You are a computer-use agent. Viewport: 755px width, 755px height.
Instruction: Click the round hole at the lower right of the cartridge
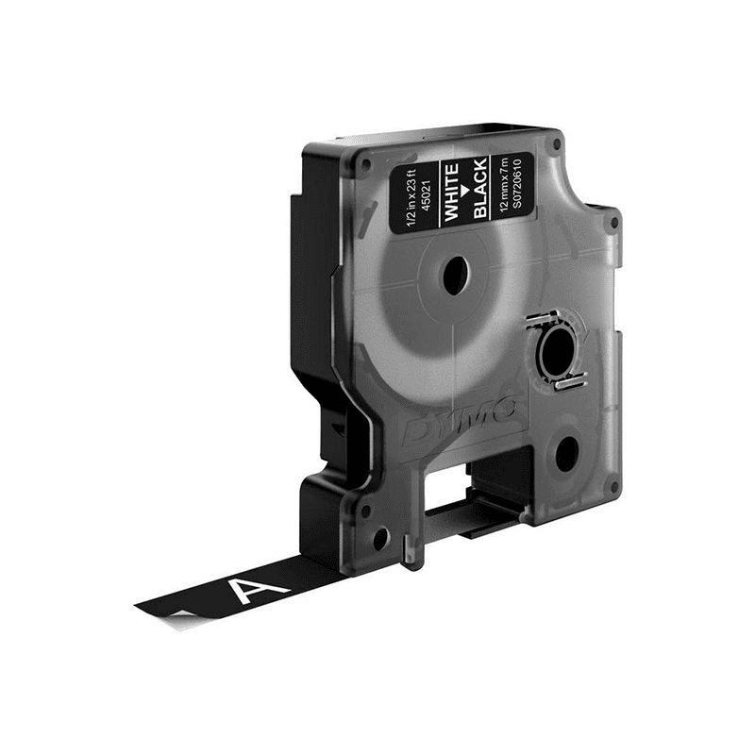(566, 455)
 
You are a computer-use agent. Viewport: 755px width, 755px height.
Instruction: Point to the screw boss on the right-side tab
(615, 224)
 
